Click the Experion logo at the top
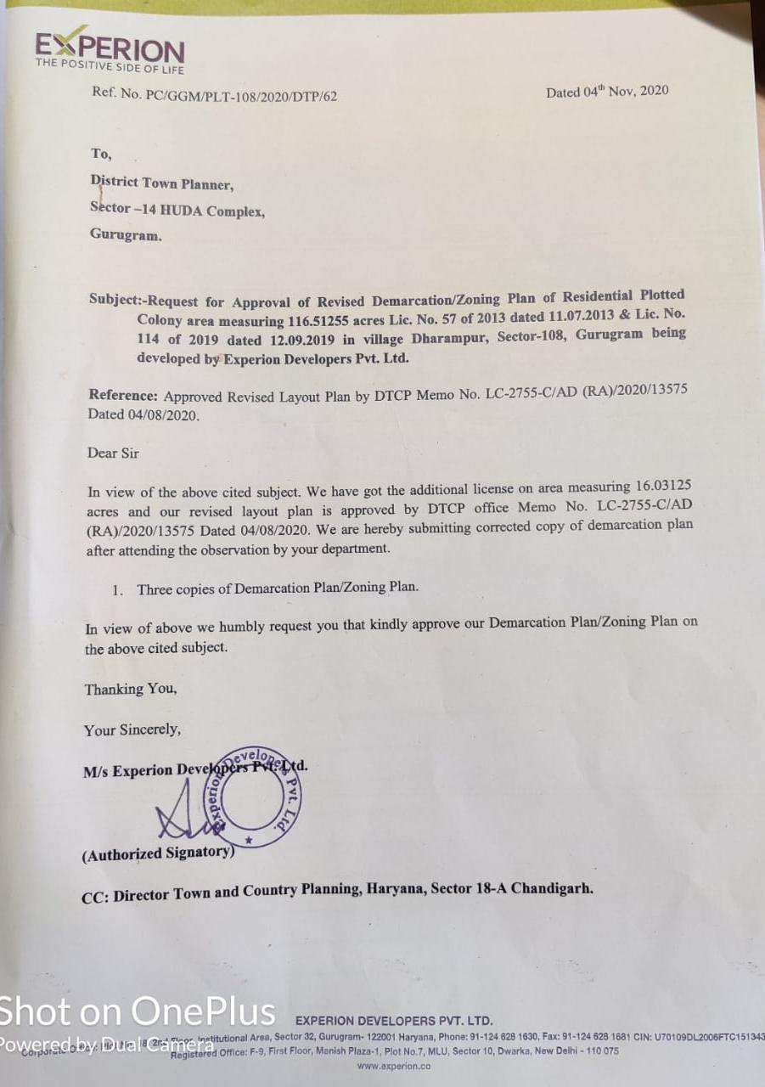click(x=109, y=52)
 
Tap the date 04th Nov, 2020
click(x=607, y=91)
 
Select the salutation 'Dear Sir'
click(x=113, y=453)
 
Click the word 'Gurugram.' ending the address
click(x=126, y=235)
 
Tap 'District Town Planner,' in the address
click(x=161, y=183)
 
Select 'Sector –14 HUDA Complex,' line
click(x=177, y=210)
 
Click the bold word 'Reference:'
click(x=123, y=396)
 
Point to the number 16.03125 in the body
click(x=662, y=487)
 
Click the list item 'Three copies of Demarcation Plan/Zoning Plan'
click(x=277, y=588)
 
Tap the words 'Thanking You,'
click(x=131, y=689)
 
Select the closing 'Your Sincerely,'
click(x=132, y=729)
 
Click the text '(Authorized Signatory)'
click(x=158, y=853)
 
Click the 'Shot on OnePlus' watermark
click(x=138, y=1011)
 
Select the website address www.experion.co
click(x=393, y=1066)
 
